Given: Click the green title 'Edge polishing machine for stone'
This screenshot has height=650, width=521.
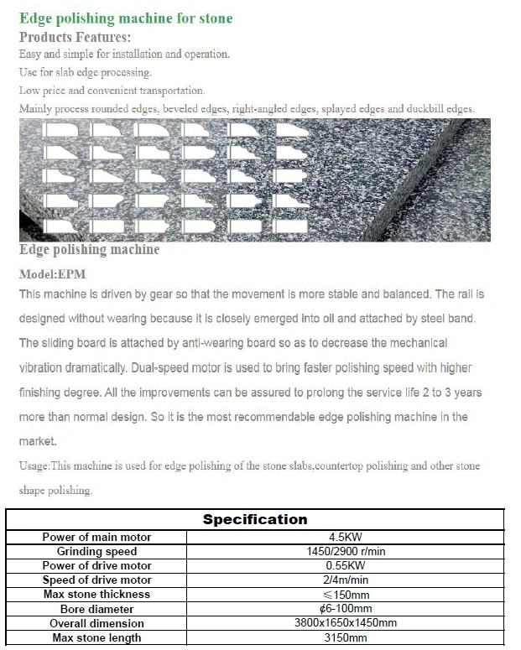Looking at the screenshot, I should [126, 18].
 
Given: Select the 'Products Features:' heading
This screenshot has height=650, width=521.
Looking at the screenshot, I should [75, 37].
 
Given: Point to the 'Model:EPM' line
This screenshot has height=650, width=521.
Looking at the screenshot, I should [52, 273].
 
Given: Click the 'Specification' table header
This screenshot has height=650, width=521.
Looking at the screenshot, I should [255, 519].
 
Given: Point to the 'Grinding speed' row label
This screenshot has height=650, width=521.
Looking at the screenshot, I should [96, 551].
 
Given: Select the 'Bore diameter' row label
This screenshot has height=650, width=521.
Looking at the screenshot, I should [96, 609].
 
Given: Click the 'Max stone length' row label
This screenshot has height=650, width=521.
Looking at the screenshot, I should [96, 637].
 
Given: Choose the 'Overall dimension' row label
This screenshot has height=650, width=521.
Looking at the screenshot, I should [96, 623].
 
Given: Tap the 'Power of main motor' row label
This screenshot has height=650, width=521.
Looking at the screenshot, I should [96, 537].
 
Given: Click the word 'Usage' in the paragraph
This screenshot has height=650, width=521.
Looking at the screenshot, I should [34, 466].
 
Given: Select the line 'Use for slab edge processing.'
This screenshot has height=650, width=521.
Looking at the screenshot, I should [85, 73].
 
